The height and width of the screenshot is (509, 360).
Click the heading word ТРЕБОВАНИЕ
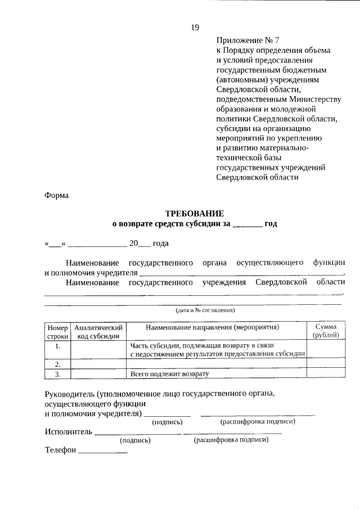tap(194, 213)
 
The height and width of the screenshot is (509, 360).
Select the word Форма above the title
tap(56, 196)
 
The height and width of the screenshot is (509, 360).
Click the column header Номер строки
tap(57, 331)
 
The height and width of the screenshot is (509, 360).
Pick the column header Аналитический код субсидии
tap(98, 331)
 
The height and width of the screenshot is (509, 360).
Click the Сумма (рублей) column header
tap(326, 331)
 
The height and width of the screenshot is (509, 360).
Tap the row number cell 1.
tap(57, 346)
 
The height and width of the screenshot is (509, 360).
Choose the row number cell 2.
tap(57, 364)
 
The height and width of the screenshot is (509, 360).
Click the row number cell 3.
tap(57, 373)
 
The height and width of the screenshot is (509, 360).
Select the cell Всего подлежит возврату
tap(169, 373)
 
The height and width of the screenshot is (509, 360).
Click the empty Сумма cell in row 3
tap(326, 373)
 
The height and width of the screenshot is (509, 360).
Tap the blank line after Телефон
tap(103, 452)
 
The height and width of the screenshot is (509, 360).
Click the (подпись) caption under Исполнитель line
tap(134, 440)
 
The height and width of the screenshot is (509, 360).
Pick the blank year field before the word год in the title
tap(247, 224)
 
